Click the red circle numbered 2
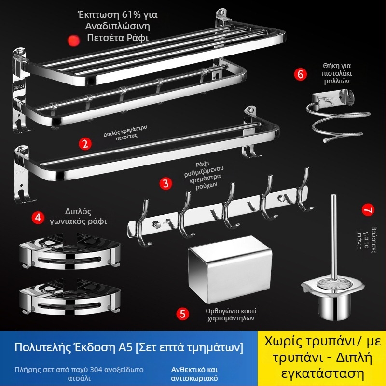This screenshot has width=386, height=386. tap(85, 144)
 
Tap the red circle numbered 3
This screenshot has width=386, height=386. tap(165, 183)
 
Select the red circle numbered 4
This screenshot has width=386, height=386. tap(38, 218)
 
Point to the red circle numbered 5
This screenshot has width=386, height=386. tap(183, 314)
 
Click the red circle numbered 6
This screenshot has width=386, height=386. tap(300, 74)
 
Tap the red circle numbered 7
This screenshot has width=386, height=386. tap(368, 210)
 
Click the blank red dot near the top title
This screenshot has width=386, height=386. tap(73, 41)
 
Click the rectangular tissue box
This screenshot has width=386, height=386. tap(230, 270)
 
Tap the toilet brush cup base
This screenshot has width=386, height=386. tap(334, 306)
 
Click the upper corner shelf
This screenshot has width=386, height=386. tap(70, 251)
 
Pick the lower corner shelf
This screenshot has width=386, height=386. tap(70, 297)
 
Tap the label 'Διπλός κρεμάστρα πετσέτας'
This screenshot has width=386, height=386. tap(125, 133)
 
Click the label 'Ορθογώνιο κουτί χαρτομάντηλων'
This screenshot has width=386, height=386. tap(231, 315)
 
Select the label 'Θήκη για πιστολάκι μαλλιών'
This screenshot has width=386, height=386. tap(336, 73)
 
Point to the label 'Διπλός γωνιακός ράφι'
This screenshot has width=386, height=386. tap(78, 217)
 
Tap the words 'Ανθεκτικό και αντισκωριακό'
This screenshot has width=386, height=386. tap(194, 373)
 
